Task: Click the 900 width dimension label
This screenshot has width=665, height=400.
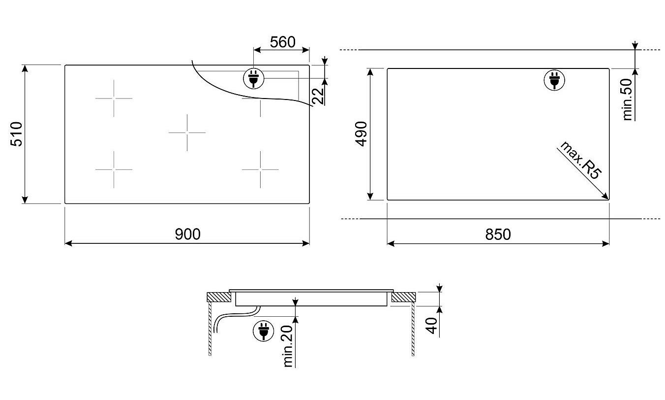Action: click(x=187, y=234)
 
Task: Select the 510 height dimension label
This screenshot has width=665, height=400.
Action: click(x=16, y=134)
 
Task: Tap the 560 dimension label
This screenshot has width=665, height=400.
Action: click(x=283, y=42)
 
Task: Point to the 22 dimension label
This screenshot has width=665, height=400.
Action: click(x=318, y=96)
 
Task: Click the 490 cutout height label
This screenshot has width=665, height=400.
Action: click(x=362, y=134)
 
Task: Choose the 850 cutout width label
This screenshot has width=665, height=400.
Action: click(x=498, y=234)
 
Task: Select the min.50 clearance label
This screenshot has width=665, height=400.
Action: click(x=627, y=100)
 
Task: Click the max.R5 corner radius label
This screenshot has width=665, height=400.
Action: click(x=581, y=161)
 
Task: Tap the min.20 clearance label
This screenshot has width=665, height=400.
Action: click(x=288, y=346)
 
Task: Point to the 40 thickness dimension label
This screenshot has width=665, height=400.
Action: click(x=431, y=326)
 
